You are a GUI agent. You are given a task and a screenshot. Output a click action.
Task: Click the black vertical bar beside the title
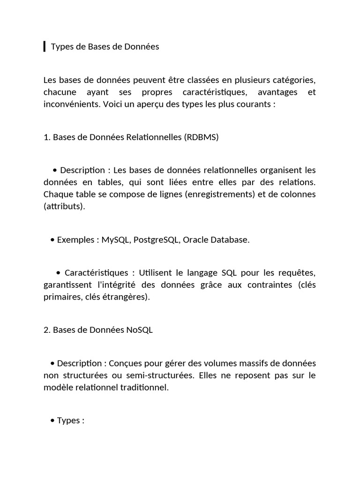(45, 46)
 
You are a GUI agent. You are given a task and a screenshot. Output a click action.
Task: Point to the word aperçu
(173, 104)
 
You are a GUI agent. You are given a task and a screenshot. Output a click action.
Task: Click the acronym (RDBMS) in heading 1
(202, 137)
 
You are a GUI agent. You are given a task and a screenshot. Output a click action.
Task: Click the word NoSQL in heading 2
(139, 330)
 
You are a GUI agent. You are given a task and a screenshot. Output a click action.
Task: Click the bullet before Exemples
(52, 240)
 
